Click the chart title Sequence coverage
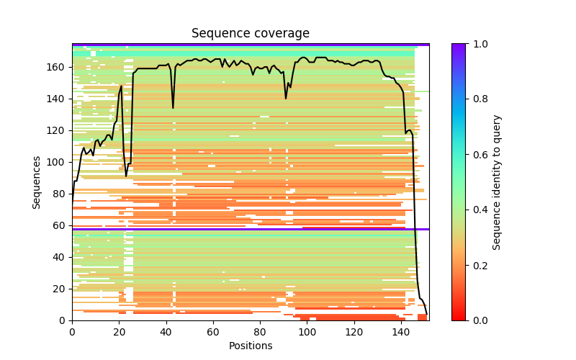point(251,33)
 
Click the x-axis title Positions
point(251,346)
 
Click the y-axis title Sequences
point(37,181)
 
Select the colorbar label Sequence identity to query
point(497,181)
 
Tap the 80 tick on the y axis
point(61,194)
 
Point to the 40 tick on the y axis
point(61,257)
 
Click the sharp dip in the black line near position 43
point(173,108)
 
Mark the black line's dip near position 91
point(286,99)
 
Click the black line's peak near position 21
point(121,86)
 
